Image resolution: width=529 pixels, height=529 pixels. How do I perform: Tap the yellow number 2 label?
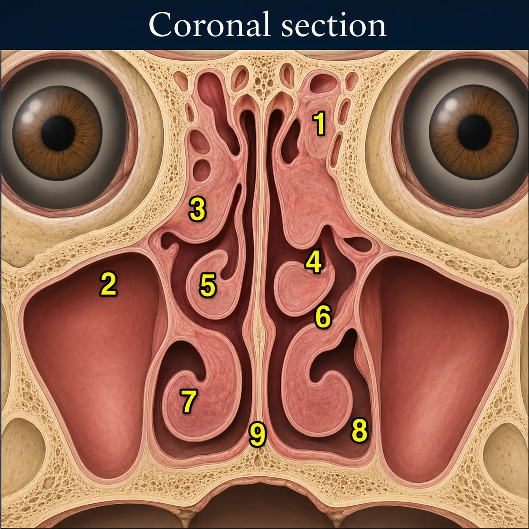(108, 284)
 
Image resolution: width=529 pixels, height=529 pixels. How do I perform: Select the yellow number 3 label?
(197, 210)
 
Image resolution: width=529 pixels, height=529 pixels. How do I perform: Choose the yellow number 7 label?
(189, 401)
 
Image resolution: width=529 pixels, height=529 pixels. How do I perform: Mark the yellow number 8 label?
(359, 430)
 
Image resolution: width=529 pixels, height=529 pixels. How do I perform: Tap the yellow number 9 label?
(257, 434)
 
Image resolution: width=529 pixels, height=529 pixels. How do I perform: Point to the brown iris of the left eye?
(58, 133)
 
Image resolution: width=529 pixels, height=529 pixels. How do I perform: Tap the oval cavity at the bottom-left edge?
(21, 450)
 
